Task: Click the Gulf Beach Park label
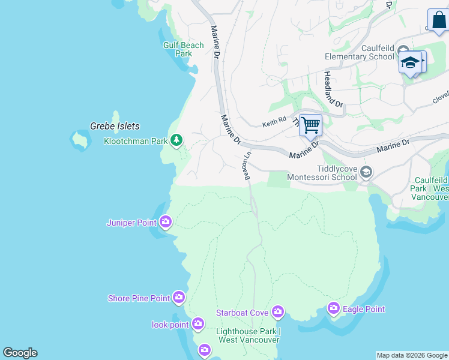coord(184,49)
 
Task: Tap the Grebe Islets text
coord(114,126)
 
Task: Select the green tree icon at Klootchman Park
coord(176,140)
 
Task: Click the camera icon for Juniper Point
coord(166,223)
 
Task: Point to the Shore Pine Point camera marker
coord(178,297)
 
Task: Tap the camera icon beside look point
coord(198,325)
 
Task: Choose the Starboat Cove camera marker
coord(277,311)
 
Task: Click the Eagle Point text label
coord(364,309)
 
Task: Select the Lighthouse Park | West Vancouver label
coord(248,335)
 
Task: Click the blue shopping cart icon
coord(310,125)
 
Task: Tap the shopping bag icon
coord(439,20)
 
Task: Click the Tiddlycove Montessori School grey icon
coord(366,173)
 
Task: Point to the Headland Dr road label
coord(333,89)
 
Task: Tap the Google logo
coord(20,353)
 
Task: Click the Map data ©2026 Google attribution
coord(412,355)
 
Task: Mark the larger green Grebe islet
coord(79,139)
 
